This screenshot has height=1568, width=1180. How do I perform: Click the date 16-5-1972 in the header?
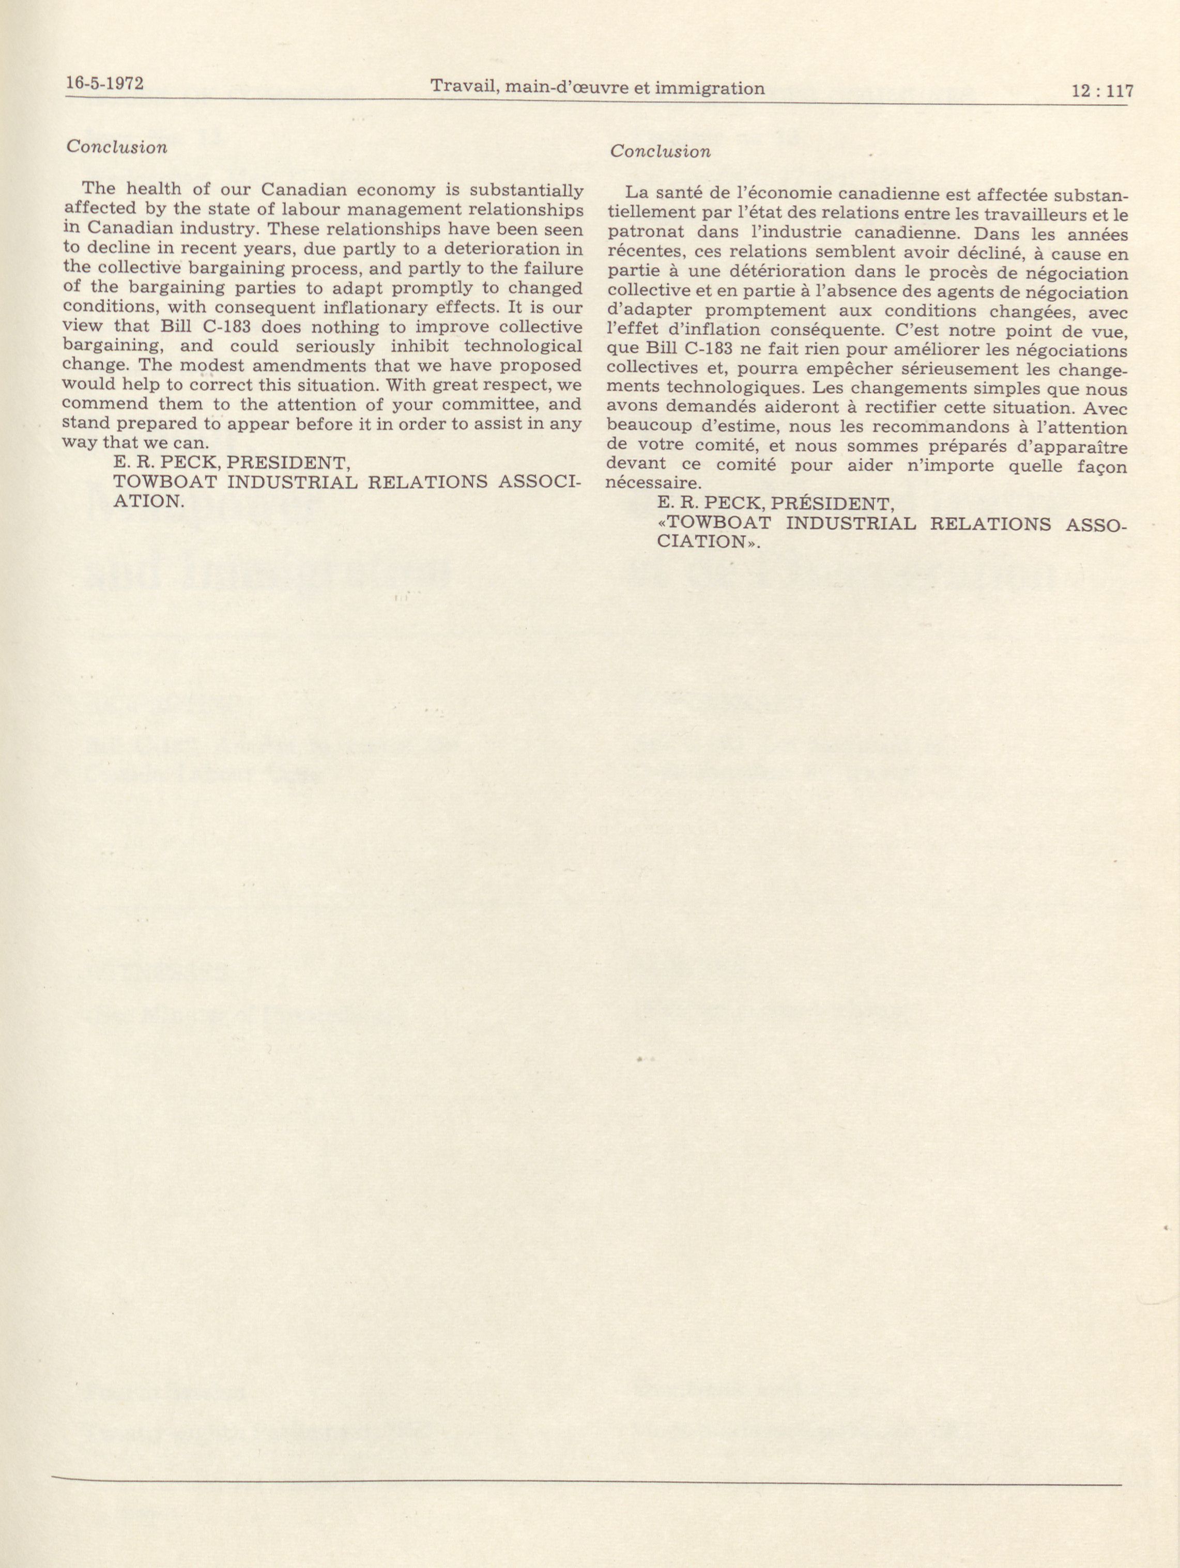coord(104,83)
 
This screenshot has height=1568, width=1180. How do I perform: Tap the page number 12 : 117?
coord(1102,91)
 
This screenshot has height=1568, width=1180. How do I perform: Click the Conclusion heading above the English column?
coord(117,147)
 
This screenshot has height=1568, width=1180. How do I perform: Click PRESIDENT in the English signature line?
coord(288,463)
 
